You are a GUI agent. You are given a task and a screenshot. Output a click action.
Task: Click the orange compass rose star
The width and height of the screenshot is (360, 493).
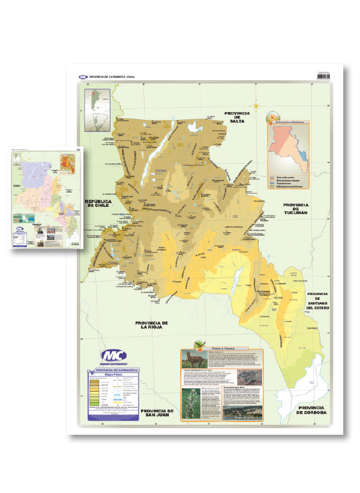pos(256,107)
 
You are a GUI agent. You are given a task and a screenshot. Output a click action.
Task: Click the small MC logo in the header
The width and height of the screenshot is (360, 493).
pos(83,77)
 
